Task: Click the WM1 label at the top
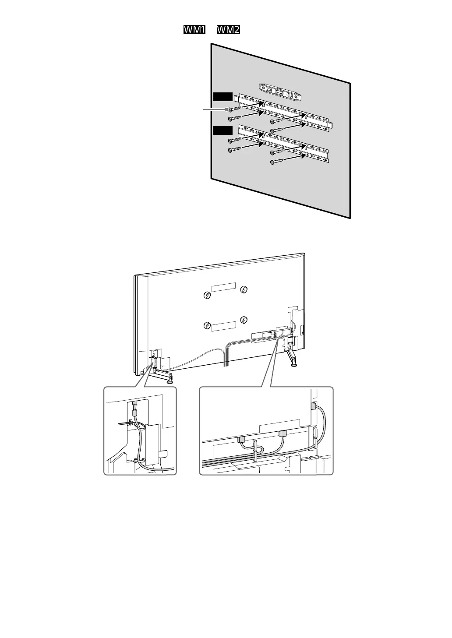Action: pyautogui.click(x=194, y=30)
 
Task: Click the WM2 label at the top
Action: pyautogui.click(x=228, y=30)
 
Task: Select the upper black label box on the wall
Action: pyautogui.click(x=222, y=97)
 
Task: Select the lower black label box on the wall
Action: pyautogui.click(x=222, y=130)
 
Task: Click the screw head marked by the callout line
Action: pyautogui.click(x=229, y=109)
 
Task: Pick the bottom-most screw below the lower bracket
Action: pyautogui.click(x=272, y=162)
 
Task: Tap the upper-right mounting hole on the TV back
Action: pyautogui.click(x=244, y=289)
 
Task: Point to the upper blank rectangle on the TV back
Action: pyautogui.click(x=223, y=287)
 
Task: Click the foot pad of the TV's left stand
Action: pyautogui.click(x=169, y=381)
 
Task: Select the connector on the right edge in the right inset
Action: pyautogui.click(x=313, y=406)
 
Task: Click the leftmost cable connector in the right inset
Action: pyautogui.click(x=241, y=439)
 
